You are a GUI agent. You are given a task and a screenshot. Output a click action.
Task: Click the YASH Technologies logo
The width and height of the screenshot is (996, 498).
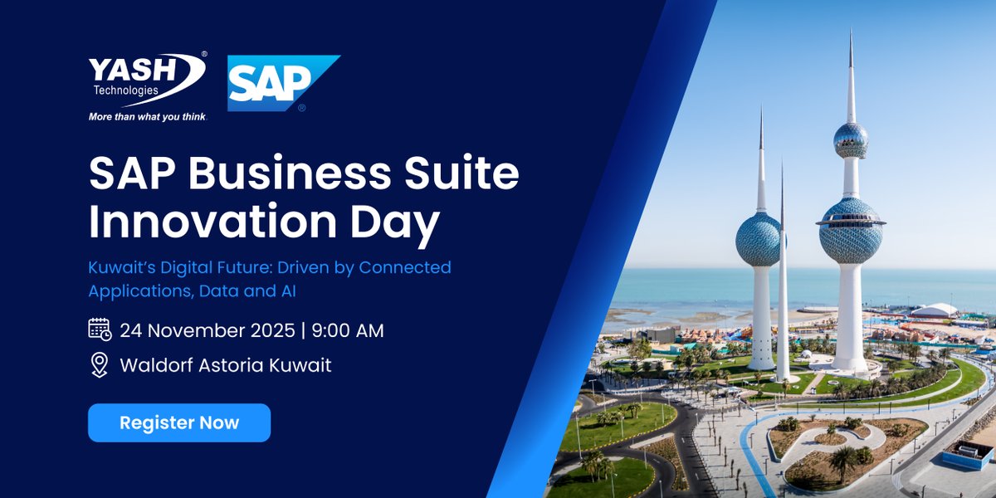point(147,81)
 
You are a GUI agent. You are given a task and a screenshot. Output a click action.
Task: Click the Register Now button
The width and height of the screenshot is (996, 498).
point(179,422)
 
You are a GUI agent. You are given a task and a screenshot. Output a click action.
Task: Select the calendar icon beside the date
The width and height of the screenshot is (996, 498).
point(100,330)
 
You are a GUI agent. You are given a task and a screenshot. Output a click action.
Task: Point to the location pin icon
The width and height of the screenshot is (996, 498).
point(100,364)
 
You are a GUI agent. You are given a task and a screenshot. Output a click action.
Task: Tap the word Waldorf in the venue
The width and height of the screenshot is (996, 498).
point(155,365)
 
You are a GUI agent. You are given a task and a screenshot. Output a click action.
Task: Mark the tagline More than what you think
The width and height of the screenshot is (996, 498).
point(147,117)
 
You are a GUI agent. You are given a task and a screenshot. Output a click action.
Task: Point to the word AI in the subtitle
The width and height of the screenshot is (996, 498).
point(288,290)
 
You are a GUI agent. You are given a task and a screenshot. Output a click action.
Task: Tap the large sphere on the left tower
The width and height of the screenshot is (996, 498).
point(759,238)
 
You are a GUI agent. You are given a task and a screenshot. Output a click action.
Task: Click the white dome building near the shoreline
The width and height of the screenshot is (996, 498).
point(935,310)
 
